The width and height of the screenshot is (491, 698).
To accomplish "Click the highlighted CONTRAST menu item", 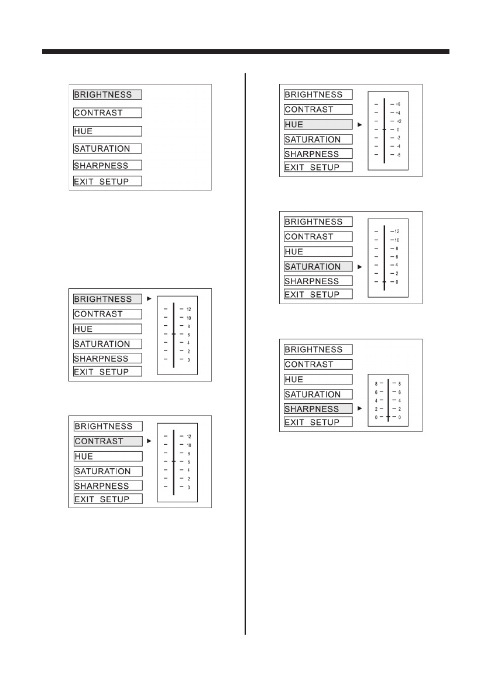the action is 108,441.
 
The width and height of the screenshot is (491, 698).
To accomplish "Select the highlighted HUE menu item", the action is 318,124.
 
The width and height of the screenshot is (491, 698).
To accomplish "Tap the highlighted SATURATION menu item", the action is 318,267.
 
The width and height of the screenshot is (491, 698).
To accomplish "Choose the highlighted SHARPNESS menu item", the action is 318,409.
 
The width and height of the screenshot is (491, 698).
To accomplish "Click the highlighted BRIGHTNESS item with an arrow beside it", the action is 108,299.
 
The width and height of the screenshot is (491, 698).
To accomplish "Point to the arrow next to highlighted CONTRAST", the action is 150,441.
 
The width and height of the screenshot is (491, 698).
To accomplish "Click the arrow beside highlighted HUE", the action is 360,124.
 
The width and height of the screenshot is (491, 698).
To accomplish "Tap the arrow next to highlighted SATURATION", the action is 360,267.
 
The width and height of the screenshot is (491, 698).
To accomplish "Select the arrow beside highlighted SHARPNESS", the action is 360,409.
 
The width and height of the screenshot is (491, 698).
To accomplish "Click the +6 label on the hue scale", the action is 398,104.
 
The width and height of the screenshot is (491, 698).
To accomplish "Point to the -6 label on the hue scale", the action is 398,155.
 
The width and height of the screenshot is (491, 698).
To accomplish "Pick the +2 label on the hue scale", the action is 398,121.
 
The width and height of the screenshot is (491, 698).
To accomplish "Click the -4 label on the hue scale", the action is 398,146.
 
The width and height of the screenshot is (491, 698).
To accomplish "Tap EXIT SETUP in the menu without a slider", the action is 108,181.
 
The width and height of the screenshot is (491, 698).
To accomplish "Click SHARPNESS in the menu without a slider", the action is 108,165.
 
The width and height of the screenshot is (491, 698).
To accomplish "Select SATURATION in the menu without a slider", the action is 108,149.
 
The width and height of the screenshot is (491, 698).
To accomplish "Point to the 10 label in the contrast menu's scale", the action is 188,445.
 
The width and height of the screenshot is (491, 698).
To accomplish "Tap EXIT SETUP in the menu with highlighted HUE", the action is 318,167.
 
